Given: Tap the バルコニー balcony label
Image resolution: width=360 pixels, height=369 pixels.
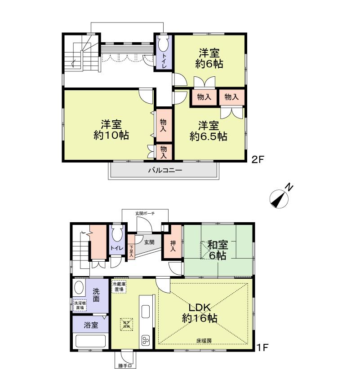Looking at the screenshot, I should click(165, 171).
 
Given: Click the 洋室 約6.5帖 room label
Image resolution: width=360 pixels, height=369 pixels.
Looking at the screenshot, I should click(208, 130).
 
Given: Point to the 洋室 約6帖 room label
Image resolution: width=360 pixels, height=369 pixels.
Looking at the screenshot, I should click(209, 57).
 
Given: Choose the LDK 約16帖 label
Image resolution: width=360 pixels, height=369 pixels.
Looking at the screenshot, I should click(200, 312).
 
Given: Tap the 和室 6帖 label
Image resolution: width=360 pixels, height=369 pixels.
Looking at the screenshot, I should click(218, 250).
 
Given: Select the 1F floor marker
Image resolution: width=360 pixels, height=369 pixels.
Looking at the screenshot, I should click(262, 347).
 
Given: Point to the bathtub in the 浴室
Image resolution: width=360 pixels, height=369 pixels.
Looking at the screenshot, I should click(90, 341).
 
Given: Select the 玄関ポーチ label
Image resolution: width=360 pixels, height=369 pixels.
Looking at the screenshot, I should click(144, 214).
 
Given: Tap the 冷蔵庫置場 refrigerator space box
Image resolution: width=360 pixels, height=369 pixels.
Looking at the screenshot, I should click(119, 287).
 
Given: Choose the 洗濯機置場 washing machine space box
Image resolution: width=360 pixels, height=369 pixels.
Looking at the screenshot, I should click(80, 305).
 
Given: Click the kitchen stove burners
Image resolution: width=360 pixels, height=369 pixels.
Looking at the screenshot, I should click(146, 341).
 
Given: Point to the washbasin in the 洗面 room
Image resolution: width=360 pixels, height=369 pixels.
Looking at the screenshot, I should click(79, 287).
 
